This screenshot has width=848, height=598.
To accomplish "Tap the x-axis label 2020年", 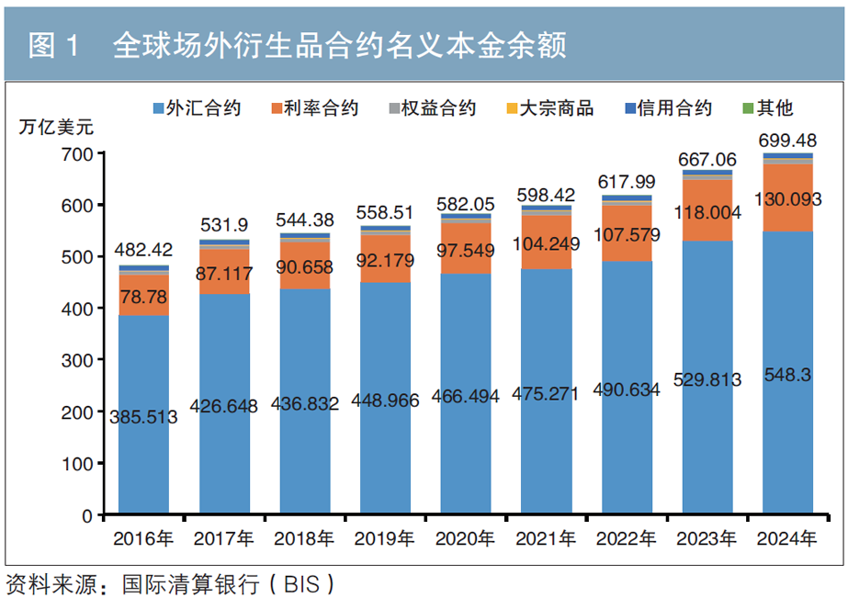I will coord(466,537).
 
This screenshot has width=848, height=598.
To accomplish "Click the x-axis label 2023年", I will coord(707,537).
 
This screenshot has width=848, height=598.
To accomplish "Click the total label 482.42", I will coord(143,250).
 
